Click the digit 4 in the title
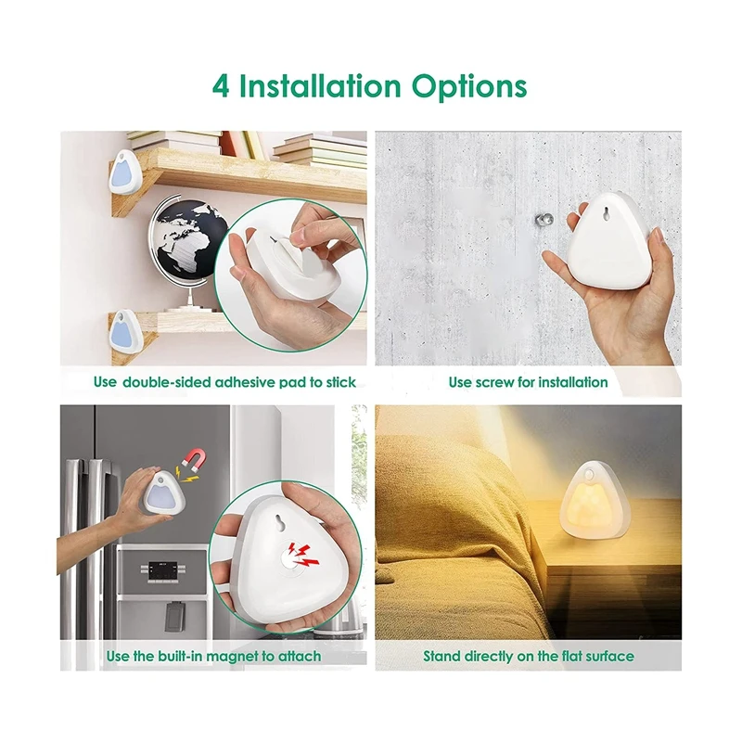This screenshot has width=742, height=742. click(x=221, y=86)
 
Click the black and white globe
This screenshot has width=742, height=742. click(x=188, y=243)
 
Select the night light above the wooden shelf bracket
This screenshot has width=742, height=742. click(x=125, y=171)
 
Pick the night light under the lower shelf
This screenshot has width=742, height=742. click(x=125, y=331)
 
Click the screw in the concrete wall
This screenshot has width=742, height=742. click(x=544, y=221)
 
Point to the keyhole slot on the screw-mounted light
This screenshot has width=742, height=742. click(x=606, y=214)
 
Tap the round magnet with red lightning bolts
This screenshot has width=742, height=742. click(x=298, y=556)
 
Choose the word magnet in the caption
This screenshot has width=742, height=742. click(x=233, y=657)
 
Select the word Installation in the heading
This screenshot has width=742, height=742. click(x=320, y=86)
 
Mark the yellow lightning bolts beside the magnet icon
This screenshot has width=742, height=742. click(x=187, y=475)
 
